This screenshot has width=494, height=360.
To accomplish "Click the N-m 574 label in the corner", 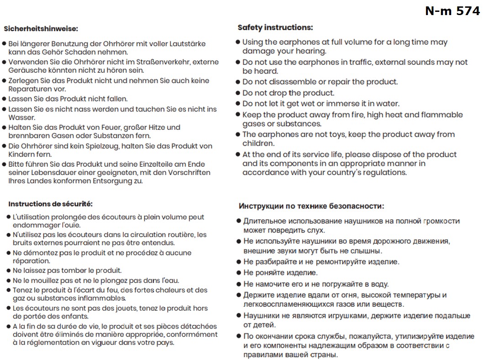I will click(452, 11).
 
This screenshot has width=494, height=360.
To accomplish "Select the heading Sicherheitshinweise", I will click(41, 28).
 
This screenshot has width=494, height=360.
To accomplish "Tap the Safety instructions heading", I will click(275, 27).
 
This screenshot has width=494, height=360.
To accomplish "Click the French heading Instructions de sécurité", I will click(50, 204).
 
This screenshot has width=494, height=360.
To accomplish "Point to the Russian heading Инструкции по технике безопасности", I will click(311, 206).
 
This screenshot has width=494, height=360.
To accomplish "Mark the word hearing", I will click(310, 51).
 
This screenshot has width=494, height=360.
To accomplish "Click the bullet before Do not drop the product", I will click(238, 93).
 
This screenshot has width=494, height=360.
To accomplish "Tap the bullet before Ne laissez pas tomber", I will click(8, 270).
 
